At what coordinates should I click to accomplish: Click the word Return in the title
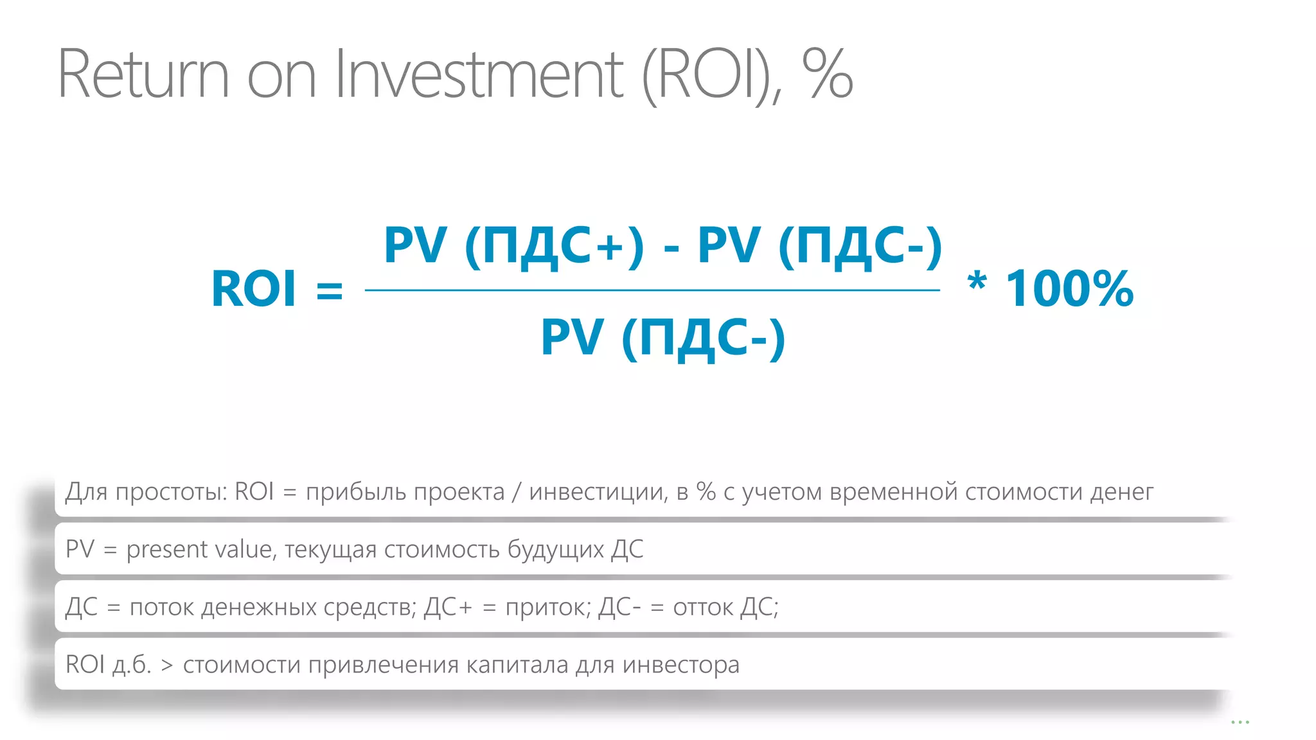[143, 75]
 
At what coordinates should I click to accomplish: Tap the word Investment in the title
[479, 75]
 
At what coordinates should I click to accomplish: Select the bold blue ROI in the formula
[254, 289]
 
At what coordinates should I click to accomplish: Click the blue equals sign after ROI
[330, 290]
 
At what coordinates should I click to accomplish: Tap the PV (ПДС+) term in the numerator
[513, 246]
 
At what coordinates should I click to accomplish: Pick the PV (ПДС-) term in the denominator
[662, 338]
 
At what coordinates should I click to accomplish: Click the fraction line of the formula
[652, 290]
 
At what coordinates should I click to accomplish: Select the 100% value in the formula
[1069, 289]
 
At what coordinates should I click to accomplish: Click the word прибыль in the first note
[355, 492]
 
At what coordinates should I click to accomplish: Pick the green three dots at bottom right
[1240, 723]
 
